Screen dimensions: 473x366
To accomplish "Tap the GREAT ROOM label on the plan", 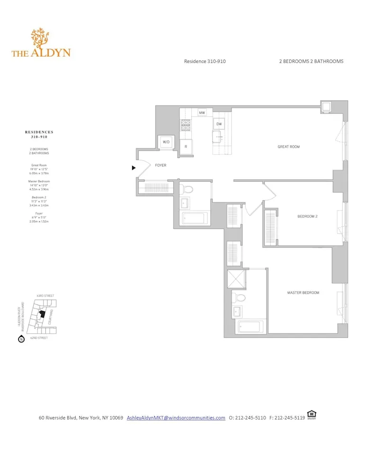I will click(x=288, y=147).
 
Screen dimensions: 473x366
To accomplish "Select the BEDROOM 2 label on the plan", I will click(x=307, y=217).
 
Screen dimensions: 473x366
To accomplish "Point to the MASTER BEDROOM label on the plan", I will click(x=303, y=293).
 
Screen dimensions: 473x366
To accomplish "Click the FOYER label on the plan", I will click(x=161, y=166).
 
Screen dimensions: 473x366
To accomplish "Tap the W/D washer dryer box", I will click(x=166, y=142).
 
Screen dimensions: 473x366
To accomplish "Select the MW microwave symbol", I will click(x=202, y=113).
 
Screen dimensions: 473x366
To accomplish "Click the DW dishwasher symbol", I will click(x=219, y=124).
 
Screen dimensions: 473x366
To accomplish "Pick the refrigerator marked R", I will click(x=186, y=147).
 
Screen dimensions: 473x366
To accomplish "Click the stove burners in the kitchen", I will click(x=185, y=125).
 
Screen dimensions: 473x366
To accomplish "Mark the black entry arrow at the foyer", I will click(x=134, y=167).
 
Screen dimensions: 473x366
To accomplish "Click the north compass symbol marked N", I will click(x=21, y=339).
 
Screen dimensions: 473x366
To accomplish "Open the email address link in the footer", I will click(x=176, y=418).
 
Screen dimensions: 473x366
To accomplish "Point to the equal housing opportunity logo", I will click(x=312, y=414).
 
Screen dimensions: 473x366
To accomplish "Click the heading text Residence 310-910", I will click(x=202, y=61).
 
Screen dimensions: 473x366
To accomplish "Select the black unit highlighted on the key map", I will click(x=42, y=314).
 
